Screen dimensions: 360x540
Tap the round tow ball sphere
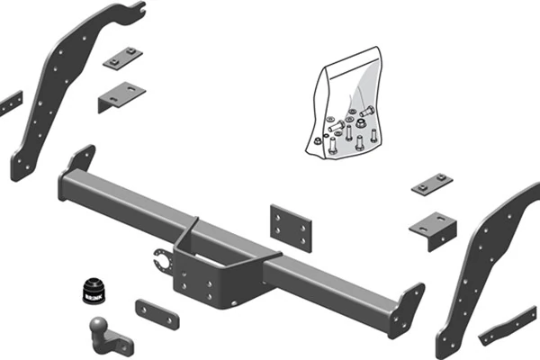point(97,328)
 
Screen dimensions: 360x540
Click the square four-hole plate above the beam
point(290,228)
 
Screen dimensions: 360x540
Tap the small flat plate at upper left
point(122,58)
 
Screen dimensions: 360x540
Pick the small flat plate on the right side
point(432,184)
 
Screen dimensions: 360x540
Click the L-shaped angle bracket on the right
point(432,228)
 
